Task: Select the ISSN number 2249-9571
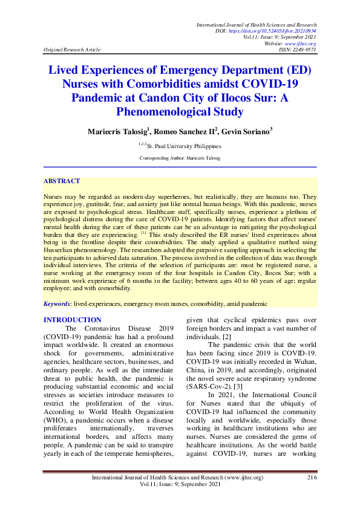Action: coord(304,50)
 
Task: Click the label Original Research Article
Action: coord(72,50)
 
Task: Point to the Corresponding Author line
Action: coord(180,158)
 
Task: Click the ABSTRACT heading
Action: coord(62,181)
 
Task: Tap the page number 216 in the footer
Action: coord(312,478)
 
